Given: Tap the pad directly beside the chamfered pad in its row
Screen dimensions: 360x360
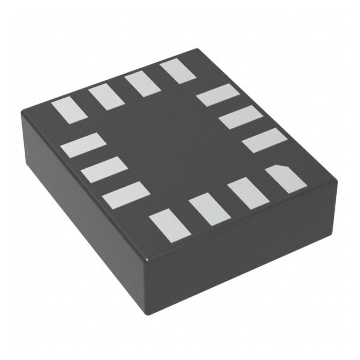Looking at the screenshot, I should click(x=248, y=193).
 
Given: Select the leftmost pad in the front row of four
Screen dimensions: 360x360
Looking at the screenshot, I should click(x=170, y=226).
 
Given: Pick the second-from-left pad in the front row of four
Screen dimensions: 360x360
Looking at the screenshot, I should click(x=209, y=209).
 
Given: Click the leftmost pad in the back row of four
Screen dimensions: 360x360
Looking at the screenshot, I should click(x=68, y=110).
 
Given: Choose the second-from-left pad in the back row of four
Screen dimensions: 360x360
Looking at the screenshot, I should click(x=106, y=97).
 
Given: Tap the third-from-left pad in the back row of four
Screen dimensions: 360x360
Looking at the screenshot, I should click(x=142, y=84).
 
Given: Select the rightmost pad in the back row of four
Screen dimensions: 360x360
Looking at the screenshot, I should click(x=178, y=71).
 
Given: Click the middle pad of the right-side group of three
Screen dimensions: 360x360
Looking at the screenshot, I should click(x=241, y=117).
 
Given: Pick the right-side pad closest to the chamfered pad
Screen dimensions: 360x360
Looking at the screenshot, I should click(x=264, y=140).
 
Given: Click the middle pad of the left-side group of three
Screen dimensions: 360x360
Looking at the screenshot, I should click(x=104, y=170).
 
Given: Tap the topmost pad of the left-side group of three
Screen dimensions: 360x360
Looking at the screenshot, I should click(x=83, y=145).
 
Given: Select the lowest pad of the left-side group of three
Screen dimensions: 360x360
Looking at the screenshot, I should click(x=126, y=195).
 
